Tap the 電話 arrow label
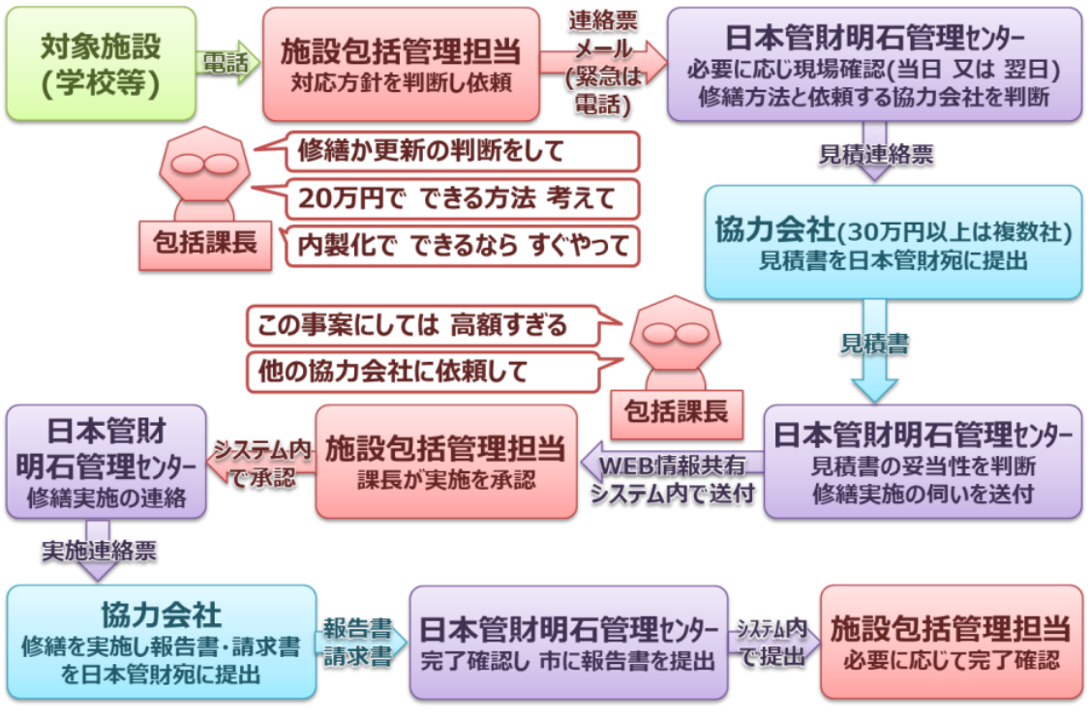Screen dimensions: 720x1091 (x=225, y=64)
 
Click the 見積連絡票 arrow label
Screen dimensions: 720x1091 (x=875, y=154)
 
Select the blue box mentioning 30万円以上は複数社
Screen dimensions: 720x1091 (x=893, y=242)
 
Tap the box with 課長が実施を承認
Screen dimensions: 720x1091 (x=445, y=461)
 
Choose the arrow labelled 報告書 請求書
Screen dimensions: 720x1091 (x=357, y=640)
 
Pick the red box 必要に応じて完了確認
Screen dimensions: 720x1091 (x=949, y=642)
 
